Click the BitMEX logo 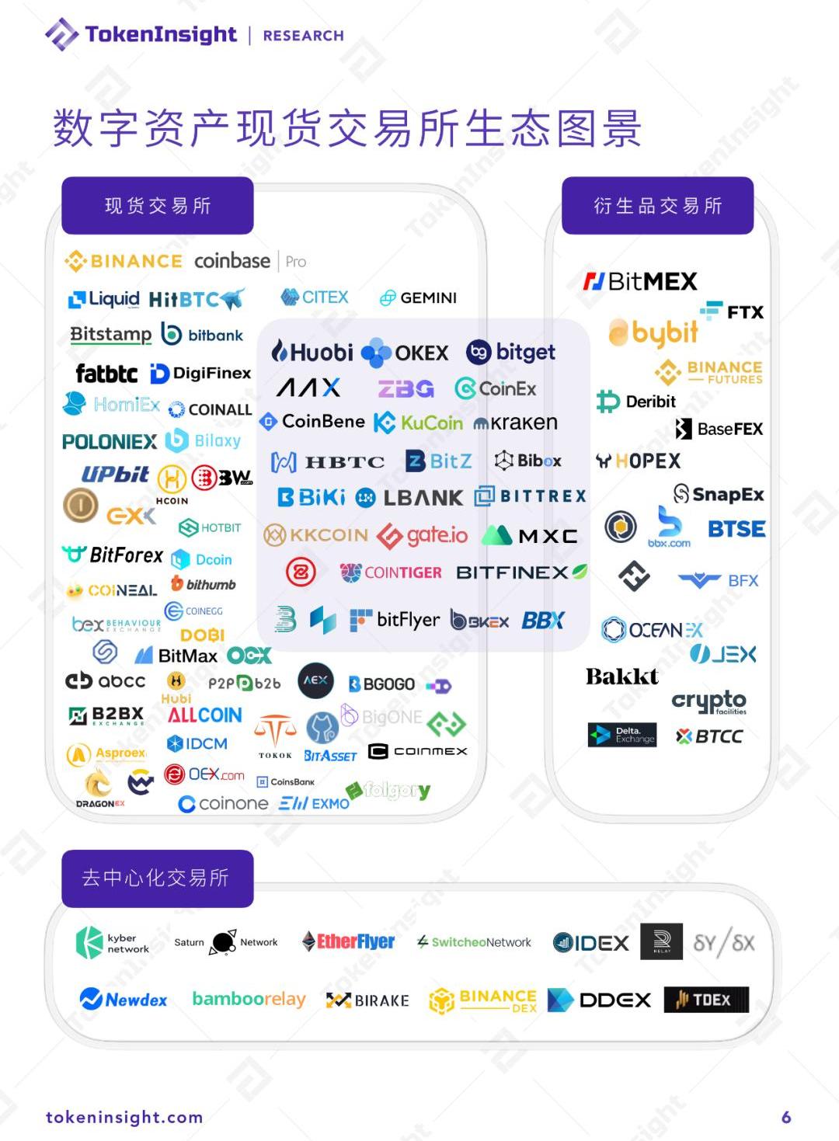click(x=640, y=281)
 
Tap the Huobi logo click(x=312, y=352)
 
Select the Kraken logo click(x=515, y=423)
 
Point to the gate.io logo click(x=423, y=535)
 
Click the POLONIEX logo click(x=110, y=442)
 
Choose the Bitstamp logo click(x=111, y=335)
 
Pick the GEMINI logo click(x=418, y=297)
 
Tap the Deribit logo click(x=636, y=402)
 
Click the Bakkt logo click(x=621, y=677)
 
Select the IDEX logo click(x=590, y=943)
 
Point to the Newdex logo click(x=124, y=1000)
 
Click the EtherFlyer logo click(x=348, y=941)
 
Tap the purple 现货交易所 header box click(x=158, y=206)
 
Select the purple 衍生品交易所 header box click(x=657, y=206)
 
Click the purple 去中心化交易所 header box click(x=158, y=878)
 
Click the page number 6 click(x=786, y=1117)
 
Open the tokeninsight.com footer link click(x=124, y=1117)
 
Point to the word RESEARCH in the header click(x=303, y=36)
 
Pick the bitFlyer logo click(x=395, y=620)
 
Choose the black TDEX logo click(x=706, y=1000)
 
